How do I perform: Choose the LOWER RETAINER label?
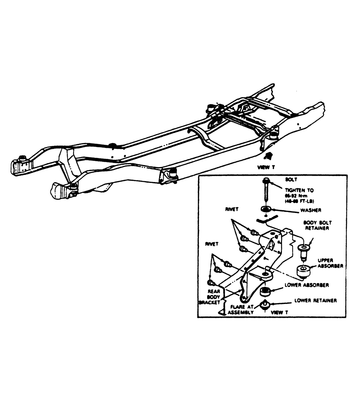coord(316,301)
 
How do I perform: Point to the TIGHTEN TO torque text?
coord(299,195)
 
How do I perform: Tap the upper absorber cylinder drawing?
coord(303,271)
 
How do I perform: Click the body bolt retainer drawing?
coord(302,251)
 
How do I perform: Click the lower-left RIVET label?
coord(212,244)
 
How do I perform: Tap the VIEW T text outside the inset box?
coord(266,167)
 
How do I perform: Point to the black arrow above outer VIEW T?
coord(267,157)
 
